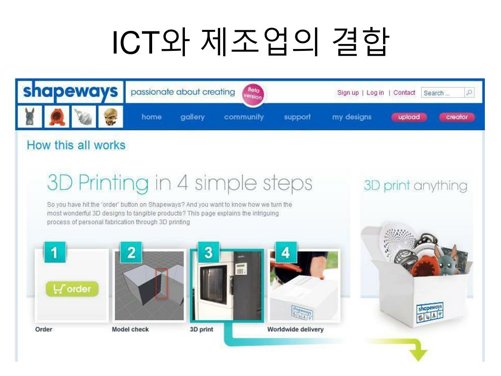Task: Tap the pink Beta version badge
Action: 253,94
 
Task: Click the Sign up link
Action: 348,93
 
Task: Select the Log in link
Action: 375,93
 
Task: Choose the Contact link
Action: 404,93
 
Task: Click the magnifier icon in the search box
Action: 469,93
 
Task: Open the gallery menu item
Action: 192,117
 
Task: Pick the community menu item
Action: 244,117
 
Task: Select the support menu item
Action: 297,117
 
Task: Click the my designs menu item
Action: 352,117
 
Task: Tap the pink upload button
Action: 410,117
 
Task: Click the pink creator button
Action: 457,117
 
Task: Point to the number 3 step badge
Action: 208,253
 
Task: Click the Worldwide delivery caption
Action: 295,329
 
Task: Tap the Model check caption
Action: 130,329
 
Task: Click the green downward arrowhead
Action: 418,355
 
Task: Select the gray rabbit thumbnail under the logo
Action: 30,117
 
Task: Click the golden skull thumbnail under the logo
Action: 111,117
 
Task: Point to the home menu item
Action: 152,117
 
